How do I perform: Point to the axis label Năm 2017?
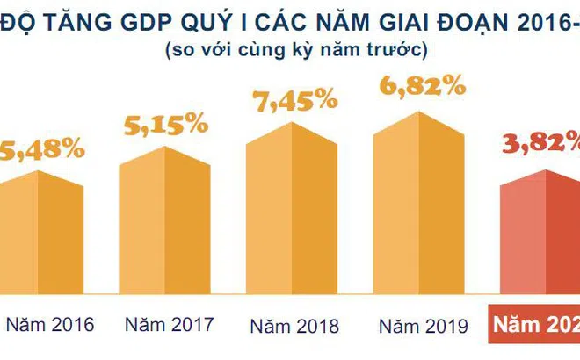[x=169, y=324]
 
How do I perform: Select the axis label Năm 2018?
[x=295, y=325]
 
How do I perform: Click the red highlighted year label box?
[x=534, y=325]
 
